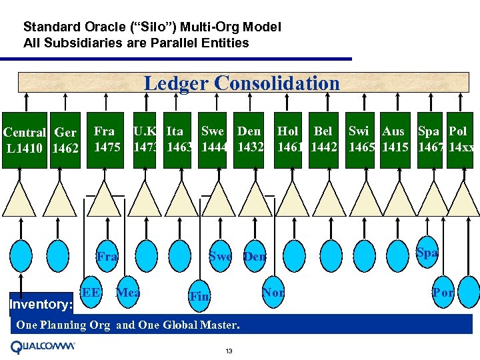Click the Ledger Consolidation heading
[x=241, y=83]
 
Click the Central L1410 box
[x=24, y=139]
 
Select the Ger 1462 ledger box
[x=65, y=139]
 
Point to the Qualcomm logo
[x=43, y=347]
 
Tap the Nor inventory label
[x=273, y=292]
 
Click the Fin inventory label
[x=199, y=297]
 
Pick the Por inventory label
[x=443, y=293]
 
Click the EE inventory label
[x=91, y=292]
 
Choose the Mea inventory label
[x=127, y=292]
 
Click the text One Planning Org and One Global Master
[x=127, y=325]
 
